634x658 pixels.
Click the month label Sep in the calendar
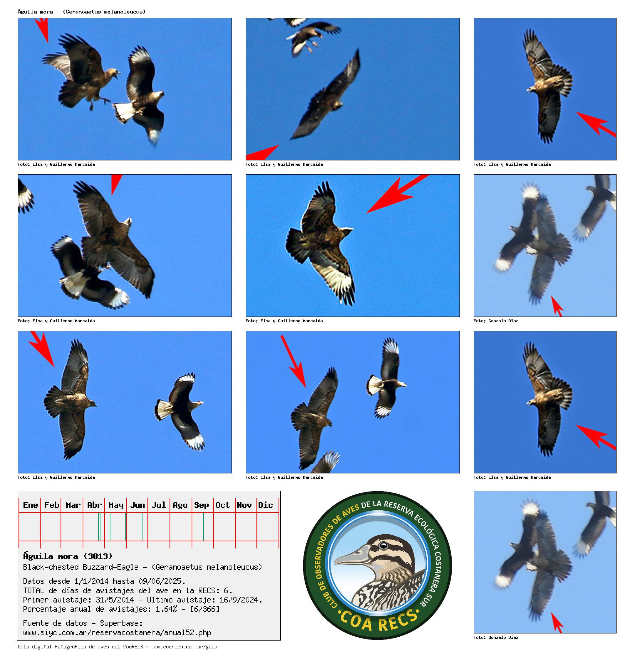point(201,505)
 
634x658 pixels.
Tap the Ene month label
point(30,505)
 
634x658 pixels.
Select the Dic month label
point(265,505)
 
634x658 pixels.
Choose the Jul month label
point(158,505)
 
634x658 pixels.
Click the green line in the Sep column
point(203,527)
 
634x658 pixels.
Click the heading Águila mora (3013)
point(68,556)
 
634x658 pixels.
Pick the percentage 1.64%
point(166,609)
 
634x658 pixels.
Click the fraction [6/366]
point(205,609)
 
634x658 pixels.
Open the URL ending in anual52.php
point(117,633)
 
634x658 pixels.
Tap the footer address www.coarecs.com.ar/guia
point(184,647)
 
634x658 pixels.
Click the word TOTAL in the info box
point(34,591)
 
